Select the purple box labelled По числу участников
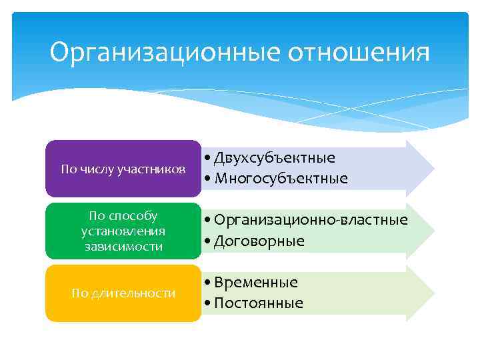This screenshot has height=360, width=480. coord(123,169)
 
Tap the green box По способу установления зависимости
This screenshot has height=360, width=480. coord(123,231)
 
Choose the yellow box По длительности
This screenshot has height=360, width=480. coord(123,293)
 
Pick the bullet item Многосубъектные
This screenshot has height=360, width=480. coord(281,179)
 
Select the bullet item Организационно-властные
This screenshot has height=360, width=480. coord(311,220)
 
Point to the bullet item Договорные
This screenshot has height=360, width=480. coord(259,241)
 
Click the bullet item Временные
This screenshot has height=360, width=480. coord(256,283)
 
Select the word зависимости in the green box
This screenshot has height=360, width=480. coord(123,247)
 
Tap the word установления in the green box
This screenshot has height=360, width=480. coord(123,231)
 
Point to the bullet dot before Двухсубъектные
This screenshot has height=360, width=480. coord(209,159)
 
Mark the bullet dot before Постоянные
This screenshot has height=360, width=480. coord(209,304)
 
